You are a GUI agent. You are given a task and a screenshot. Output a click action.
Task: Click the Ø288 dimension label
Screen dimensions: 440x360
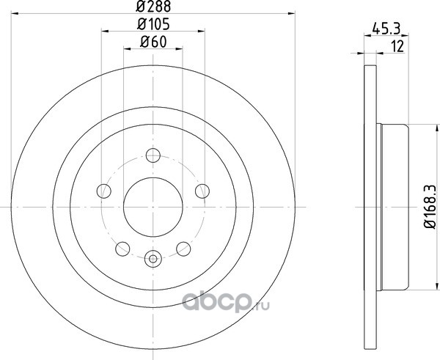[153, 7]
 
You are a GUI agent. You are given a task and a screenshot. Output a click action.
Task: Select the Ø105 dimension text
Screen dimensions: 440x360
[153, 24]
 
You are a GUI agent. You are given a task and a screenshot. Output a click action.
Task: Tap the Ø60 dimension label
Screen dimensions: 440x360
[153, 42]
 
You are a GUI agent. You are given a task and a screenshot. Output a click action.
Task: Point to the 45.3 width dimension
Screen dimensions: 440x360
[386, 29]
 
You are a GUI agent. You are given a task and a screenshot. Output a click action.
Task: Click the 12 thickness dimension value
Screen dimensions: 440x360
[397, 46]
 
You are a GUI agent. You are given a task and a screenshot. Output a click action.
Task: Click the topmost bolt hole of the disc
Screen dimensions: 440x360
[153, 155]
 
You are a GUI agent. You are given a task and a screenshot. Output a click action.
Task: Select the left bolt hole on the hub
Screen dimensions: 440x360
[104, 191]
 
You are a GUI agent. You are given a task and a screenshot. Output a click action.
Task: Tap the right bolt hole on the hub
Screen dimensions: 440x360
[202, 191]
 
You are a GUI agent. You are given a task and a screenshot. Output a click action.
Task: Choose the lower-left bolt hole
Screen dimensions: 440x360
[122, 249]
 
